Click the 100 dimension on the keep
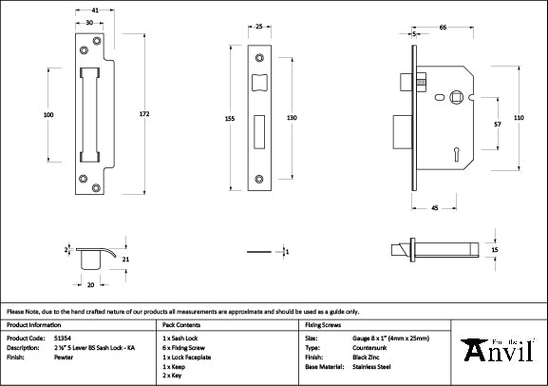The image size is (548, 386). [x=47, y=114]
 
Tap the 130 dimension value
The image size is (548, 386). [x=292, y=116]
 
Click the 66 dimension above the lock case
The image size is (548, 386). [x=444, y=29]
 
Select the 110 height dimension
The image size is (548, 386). [x=519, y=117]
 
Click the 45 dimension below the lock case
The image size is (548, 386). [x=434, y=207]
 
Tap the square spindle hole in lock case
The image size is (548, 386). [x=456, y=96]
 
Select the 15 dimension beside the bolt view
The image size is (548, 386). [x=495, y=249]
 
